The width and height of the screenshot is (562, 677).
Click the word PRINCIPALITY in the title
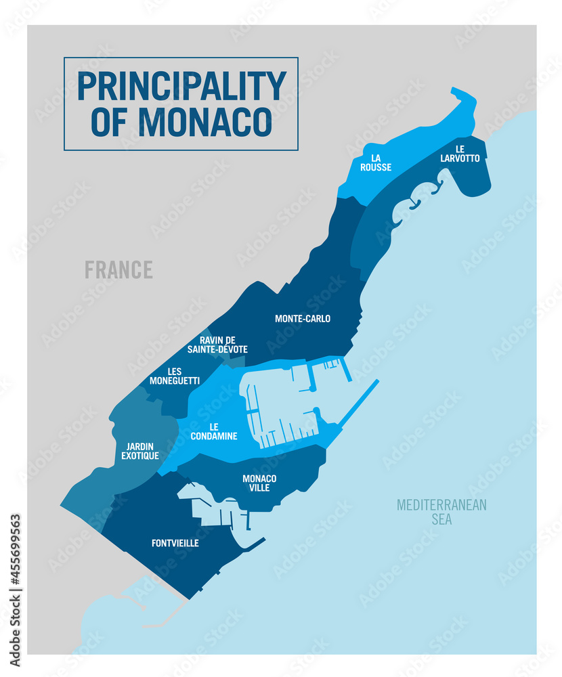tap(181, 86)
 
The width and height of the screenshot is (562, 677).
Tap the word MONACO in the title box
tap(205, 122)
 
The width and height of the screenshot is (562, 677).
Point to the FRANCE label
tap(118, 269)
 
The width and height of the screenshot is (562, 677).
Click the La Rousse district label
tap(376, 162)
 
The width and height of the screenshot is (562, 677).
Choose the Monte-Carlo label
tap(303, 318)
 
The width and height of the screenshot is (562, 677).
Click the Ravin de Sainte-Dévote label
tap(223, 345)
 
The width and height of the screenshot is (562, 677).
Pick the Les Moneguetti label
tap(174, 376)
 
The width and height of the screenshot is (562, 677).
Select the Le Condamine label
tap(214, 431)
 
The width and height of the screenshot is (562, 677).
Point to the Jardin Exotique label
tap(140, 451)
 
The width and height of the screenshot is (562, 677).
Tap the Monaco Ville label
tap(259, 483)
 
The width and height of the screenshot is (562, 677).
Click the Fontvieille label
tap(175, 542)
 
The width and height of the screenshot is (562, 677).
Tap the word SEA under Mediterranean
tap(441, 520)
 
